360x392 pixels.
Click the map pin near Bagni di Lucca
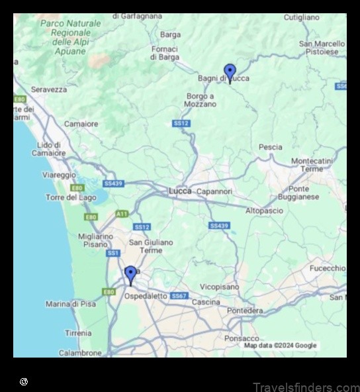click(x=230, y=72)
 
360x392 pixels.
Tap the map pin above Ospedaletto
click(x=130, y=274)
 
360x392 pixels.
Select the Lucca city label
click(x=180, y=191)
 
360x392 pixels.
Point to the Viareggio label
click(x=60, y=175)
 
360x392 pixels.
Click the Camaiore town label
click(x=81, y=124)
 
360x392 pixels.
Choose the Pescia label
click(x=270, y=147)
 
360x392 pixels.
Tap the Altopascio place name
click(x=264, y=211)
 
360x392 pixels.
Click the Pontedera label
click(x=244, y=311)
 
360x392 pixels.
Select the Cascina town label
click(x=206, y=302)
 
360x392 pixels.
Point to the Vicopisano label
click(x=219, y=287)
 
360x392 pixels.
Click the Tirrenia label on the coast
click(x=78, y=333)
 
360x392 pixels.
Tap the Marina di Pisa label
click(x=71, y=304)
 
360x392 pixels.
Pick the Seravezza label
click(x=48, y=89)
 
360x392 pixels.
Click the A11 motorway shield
click(x=122, y=214)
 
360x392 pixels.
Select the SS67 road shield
click(x=179, y=296)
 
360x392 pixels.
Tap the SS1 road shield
click(x=113, y=253)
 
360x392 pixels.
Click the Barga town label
click(x=170, y=34)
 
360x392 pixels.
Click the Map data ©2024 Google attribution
click(x=280, y=346)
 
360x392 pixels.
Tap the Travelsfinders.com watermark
click(x=306, y=387)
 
